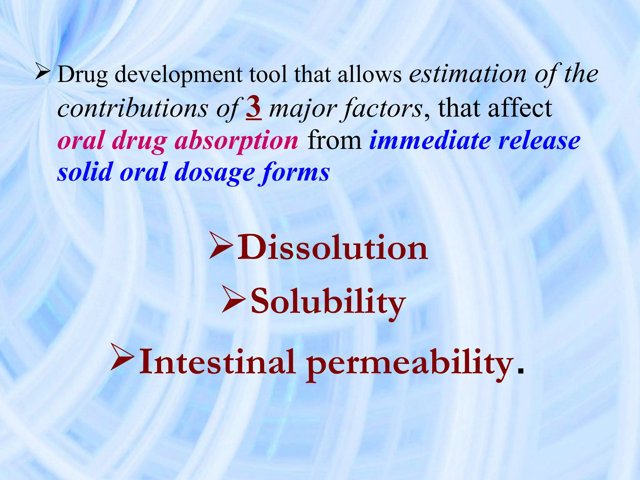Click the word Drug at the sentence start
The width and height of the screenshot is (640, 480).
(x=82, y=75)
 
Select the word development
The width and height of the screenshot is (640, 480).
(x=178, y=75)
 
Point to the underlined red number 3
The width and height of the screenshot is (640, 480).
(x=254, y=108)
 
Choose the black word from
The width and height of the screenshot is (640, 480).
(x=334, y=141)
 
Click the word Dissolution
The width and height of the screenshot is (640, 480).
(x=332, y=248)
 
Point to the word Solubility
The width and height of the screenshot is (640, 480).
(x=328, y=302)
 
